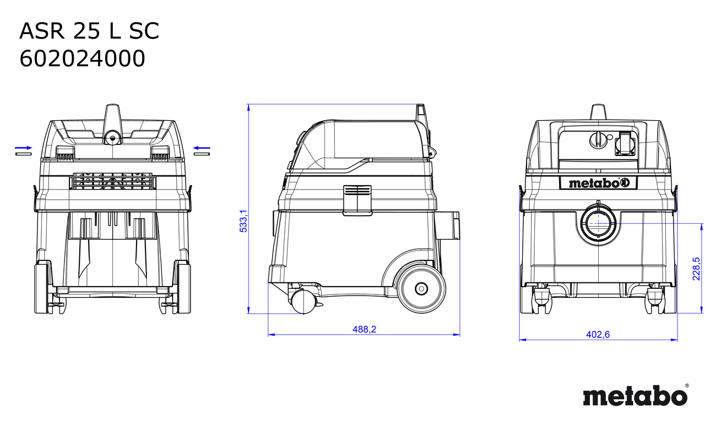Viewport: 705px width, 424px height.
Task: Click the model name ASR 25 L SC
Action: click(89, 31)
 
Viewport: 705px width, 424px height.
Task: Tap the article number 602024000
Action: click(82, 58)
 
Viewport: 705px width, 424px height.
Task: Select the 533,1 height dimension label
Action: click(243, 221)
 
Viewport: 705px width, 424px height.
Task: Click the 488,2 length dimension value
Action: click(364, 329)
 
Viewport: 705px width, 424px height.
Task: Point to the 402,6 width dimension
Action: click(598, 334)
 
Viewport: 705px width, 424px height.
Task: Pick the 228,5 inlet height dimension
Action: click(696, 269)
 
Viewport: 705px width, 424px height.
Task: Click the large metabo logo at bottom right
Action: click(636, 395)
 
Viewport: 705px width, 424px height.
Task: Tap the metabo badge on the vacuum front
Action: click(598, 183)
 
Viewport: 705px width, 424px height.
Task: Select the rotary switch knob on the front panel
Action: click(597, 140)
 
